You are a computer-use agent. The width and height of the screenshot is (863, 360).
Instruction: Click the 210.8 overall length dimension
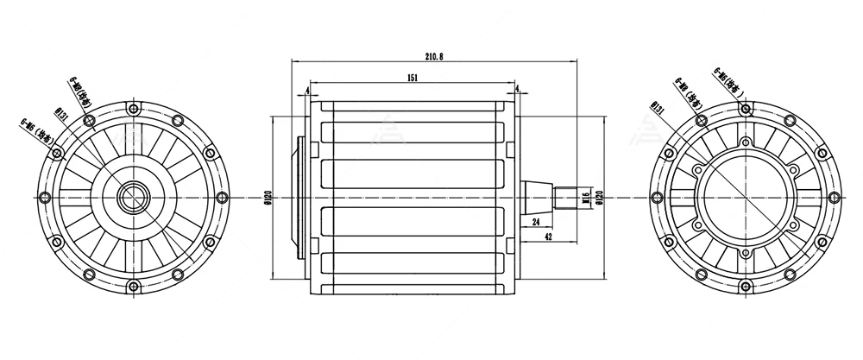[x=434, y=56]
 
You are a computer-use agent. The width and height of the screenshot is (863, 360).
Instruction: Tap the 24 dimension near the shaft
[x=537, y=222]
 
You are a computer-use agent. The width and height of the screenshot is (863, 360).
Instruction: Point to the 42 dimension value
[x=548, y=237]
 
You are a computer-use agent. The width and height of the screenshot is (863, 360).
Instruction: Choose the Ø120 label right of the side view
[x=599, y=199]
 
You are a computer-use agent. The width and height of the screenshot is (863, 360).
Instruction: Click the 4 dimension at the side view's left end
[x=307, y=90]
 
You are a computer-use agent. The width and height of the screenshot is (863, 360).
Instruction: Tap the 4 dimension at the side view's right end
[x=517, y=90]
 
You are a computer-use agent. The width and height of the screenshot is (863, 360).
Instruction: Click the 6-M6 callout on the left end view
[x=34, y=130]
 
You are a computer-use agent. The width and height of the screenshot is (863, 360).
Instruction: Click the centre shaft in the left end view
[x=133, y=198]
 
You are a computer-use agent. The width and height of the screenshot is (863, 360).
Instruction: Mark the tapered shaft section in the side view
[x=537, y=198]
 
